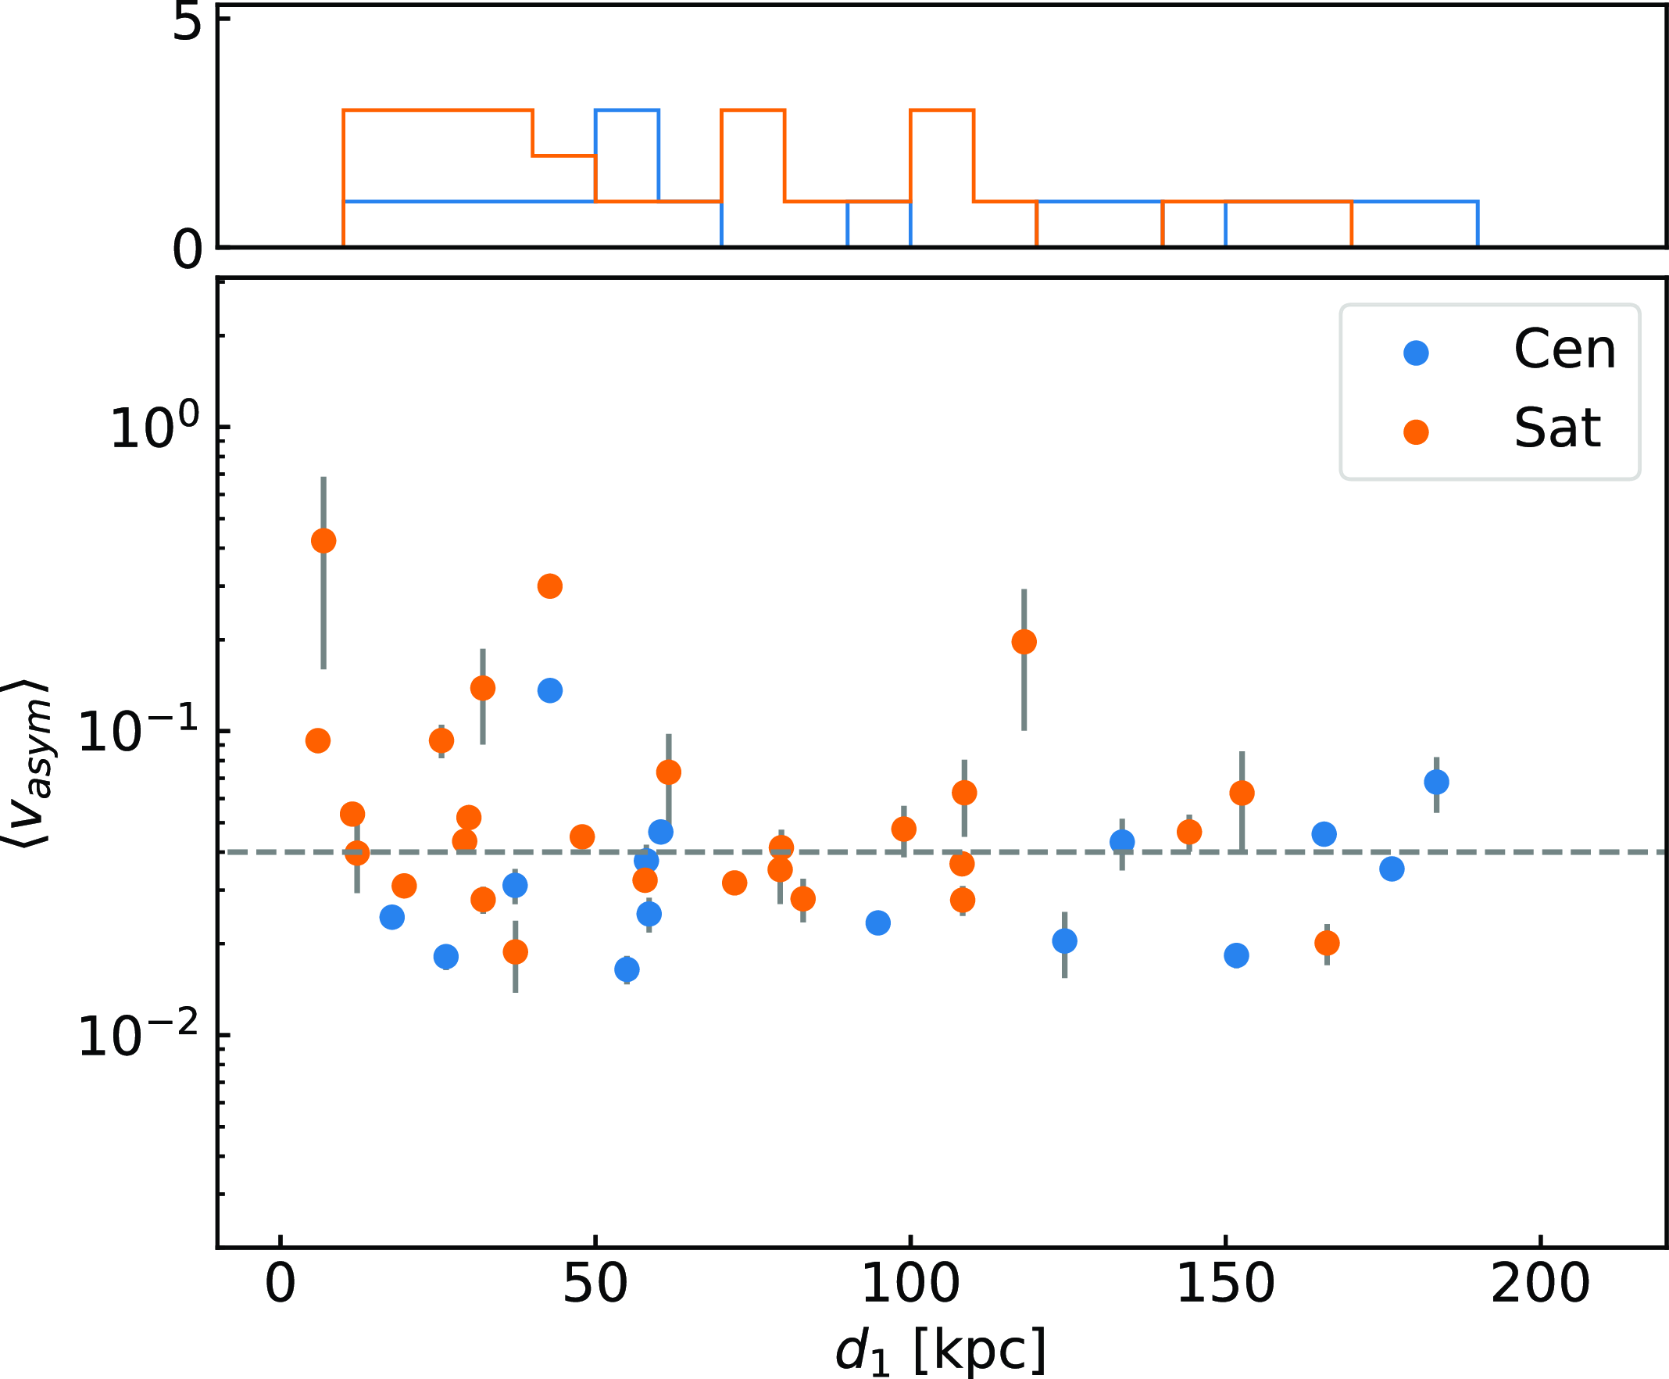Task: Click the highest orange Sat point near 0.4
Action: pyautogui.click(x=323, y=541)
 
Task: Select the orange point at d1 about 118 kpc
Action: pyautogui.click(x=1024, y=642)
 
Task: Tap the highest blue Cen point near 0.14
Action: pyautogui.click(x=550, y=690)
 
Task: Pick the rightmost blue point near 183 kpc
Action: pyautogui.click(x=1436, y=783)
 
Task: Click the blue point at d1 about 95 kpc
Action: pyautogui.click(x=877, y=923)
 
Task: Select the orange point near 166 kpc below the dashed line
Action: pyautogui.click(x=1327, y=943)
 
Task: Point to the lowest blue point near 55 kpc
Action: pyautogui.click(x=627, y=969)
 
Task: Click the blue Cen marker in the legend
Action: pyautogui.click(x=1417, y=353)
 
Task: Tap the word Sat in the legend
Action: pyautogui.click(x=1556, y=430)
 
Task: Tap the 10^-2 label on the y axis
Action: pyautogui.click(x=138, y=1036)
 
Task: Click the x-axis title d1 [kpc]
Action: pyautogui.click(x=941, y=1350)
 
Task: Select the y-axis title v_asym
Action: pyautogui.click(x=30, y=762)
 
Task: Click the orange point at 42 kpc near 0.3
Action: pyautogui.click(x=550, y=586)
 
